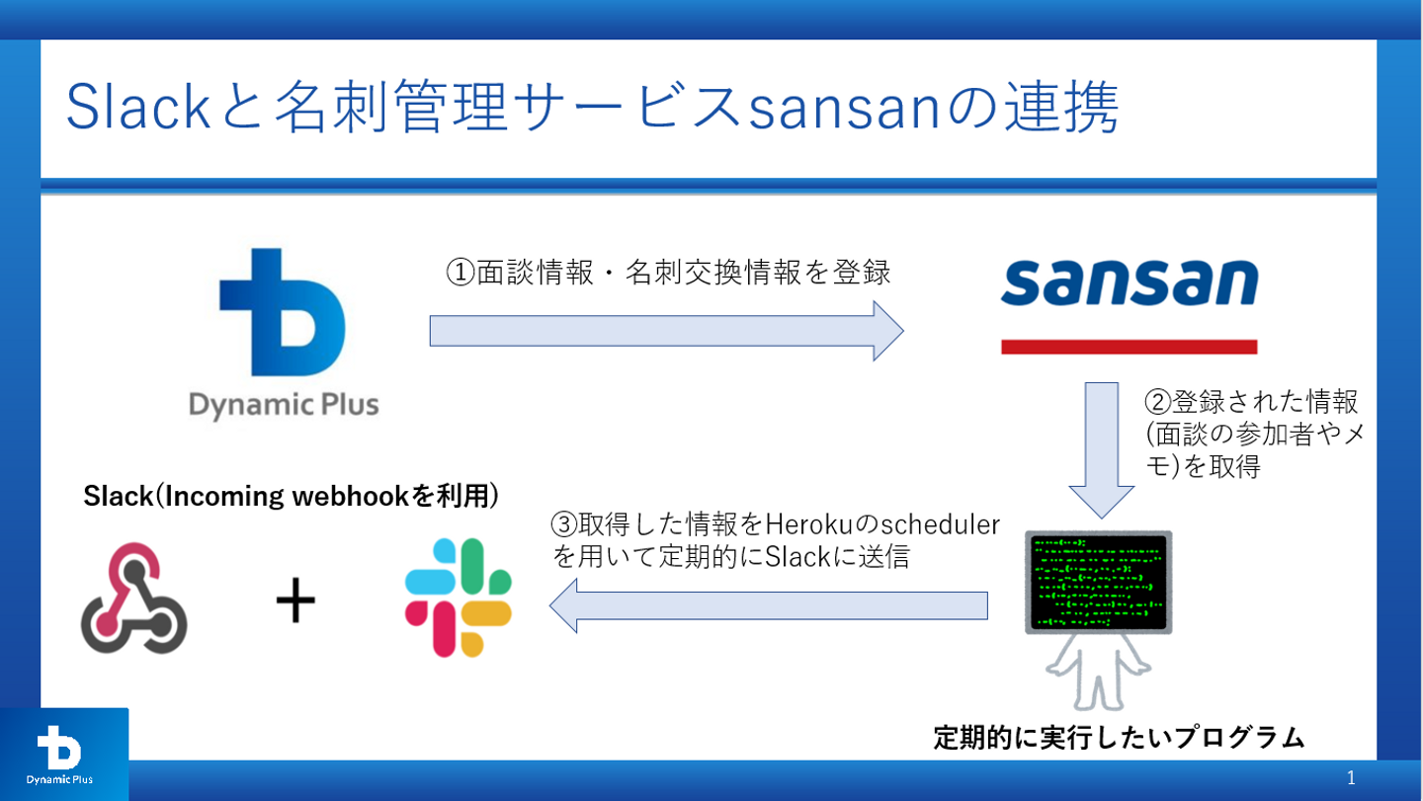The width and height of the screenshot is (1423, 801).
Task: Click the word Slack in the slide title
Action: [125, 110]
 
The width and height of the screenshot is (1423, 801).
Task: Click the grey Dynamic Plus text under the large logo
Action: [283, 405]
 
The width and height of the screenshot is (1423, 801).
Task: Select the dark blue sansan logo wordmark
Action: [1130, 283]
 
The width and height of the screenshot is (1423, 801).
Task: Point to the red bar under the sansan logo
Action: [1130, 347]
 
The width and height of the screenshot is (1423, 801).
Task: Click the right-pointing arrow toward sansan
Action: [666, 330]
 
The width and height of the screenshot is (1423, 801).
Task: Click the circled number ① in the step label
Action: [461, 274]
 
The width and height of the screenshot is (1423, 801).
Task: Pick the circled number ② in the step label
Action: [1157, 402]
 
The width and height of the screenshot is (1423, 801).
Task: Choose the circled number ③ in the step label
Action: [563, 523]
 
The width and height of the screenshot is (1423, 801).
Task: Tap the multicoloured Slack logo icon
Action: [459, 597]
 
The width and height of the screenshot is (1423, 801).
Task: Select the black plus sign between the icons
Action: [294, 602]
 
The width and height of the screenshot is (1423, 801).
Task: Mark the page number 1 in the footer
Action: [1351, 778]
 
